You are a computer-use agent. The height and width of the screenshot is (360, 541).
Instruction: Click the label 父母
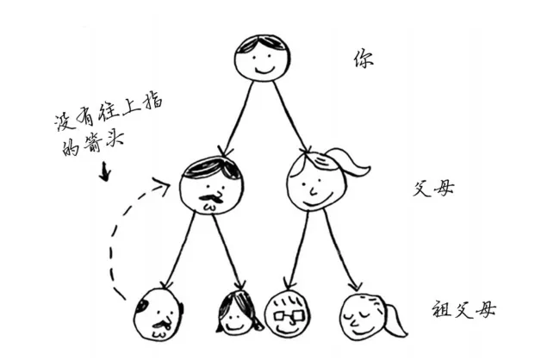[430, 186]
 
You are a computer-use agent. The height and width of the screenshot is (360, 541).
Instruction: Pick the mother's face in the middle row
[310, 182]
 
